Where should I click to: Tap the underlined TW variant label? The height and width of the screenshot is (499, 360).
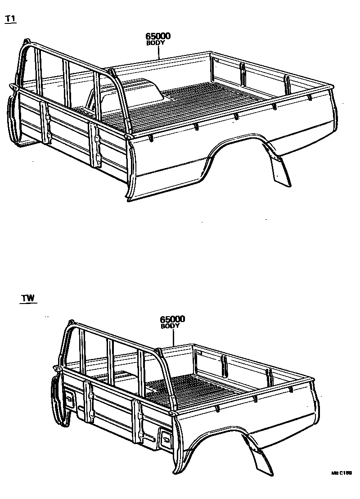[x=28, y=298]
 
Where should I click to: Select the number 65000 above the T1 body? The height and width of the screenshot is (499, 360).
[x=157, y=36]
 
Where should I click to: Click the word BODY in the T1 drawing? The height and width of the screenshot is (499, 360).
[x=156, y=43]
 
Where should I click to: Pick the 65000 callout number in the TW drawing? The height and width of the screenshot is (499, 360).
[x=172, y=319]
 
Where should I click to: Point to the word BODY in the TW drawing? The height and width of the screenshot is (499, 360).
[x=170, y=326]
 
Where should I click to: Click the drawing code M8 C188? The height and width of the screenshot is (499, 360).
[x=341, y=473]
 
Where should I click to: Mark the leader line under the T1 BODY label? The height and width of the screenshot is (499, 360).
[x=159, y=52]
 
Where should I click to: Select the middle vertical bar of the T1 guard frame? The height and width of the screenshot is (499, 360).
[x=67, y=86]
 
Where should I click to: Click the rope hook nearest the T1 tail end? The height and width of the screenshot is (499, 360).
[x=310, y=98]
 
